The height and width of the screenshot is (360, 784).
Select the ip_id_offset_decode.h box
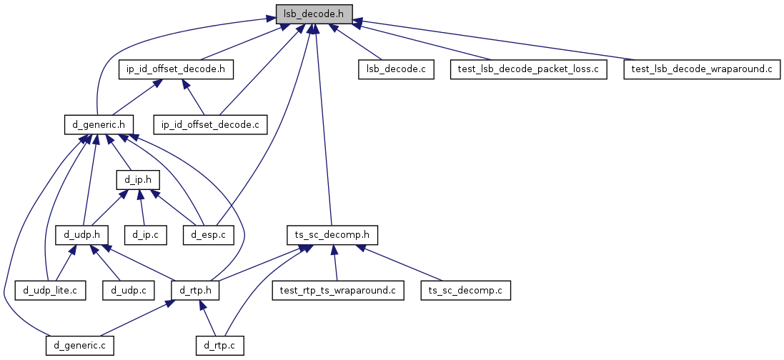pos(176,69)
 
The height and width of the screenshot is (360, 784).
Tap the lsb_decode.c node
pos(396,69)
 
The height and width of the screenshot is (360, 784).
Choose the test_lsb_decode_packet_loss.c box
pos(527,69)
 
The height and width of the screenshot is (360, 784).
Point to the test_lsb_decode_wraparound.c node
pos(701,69)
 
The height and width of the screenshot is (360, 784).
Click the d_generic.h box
pos(99,124)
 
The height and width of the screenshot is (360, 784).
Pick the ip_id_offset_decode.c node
pos(210,124)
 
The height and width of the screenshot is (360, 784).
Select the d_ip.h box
pos(138,179)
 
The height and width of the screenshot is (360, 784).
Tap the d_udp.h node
pos(82,234)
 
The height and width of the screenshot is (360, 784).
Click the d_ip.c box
pos(146,234)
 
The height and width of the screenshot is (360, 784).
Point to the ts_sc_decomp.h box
pos(332,234)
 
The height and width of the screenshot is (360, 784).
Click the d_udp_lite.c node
pos(51,290)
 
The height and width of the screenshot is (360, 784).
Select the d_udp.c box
pos(129,290)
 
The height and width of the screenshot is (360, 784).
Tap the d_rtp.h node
pos(196,290)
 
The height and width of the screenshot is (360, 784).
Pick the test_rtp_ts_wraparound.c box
pos(338,290)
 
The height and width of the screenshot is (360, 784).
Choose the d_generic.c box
pos(80,346)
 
